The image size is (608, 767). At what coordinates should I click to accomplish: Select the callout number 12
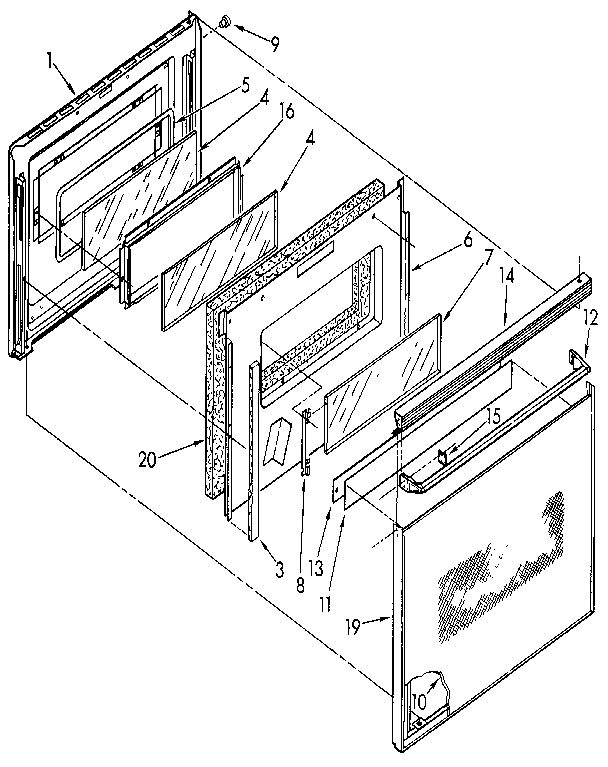[x=590, y=319]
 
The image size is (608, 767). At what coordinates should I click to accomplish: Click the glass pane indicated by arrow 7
[x=380, y=379]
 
